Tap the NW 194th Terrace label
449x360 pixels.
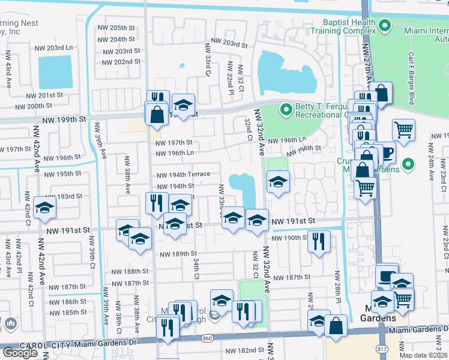pos(183,174)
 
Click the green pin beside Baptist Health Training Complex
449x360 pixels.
pos(386,26)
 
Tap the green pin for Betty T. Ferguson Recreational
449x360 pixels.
pos(286,110)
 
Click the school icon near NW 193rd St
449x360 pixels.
pos(45,208)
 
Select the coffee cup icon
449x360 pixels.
pos(385,152)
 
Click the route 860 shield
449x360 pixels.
pos(207,339)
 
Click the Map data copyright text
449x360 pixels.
pos(423,355)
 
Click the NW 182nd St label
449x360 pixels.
pos(244,350)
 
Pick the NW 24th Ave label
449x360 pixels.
pos(430,162)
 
